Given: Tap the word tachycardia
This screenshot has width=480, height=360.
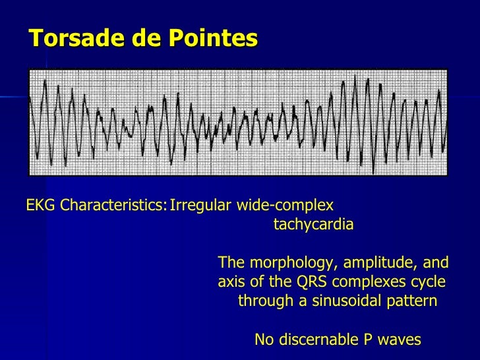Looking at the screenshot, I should [x=313, y=224].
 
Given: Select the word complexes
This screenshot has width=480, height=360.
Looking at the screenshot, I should [x=367, y=282].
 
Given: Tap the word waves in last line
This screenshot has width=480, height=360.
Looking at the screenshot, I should [x=400, y=340].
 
